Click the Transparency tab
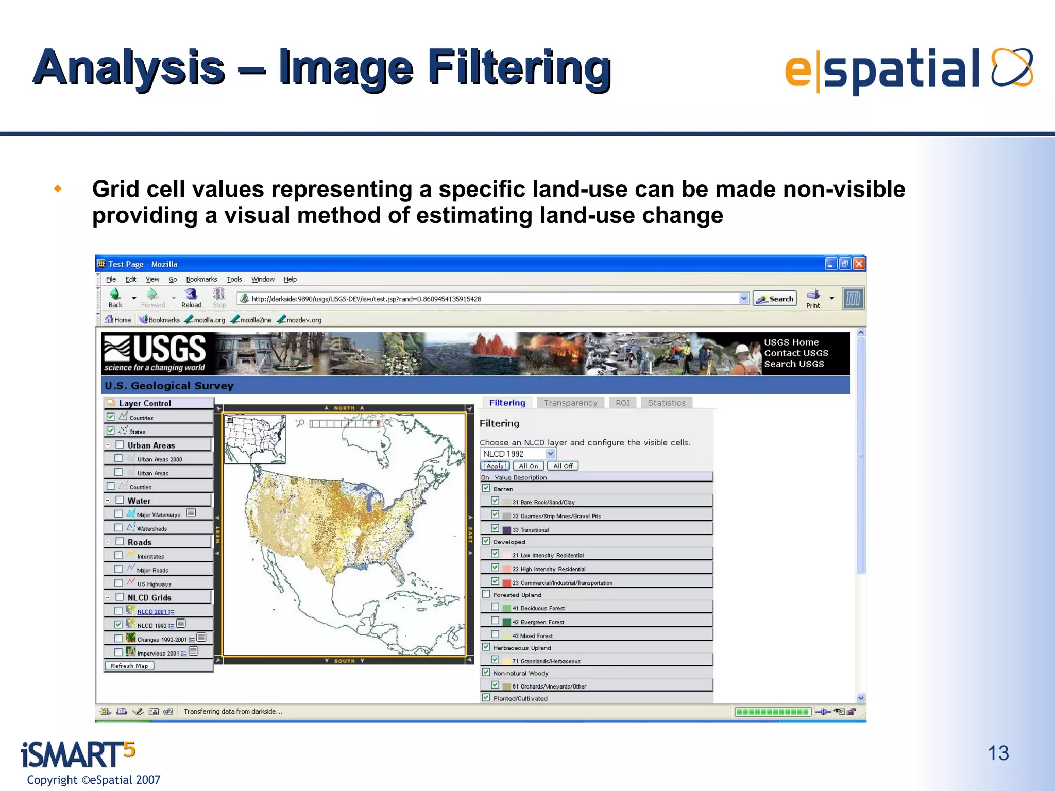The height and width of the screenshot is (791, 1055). (570, 403)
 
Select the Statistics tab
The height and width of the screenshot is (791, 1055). (667, 403)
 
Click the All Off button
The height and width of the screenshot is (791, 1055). (563, 466)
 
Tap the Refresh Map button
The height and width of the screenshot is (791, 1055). (129, 666)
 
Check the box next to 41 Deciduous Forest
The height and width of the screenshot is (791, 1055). (495, 607)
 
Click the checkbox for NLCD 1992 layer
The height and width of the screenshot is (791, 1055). (118, 625)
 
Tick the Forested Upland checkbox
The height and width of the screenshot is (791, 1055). (486, 594)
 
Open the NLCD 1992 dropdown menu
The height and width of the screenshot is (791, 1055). (550, 454)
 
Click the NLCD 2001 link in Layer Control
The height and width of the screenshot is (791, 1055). (152, 612)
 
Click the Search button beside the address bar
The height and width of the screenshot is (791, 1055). (775, 299)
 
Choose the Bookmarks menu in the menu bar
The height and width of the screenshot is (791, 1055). (201, 279)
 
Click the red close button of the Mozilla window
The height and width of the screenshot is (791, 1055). (859, 264)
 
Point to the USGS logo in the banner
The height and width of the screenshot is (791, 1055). (155, 353)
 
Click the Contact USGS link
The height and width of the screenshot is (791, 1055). (796, 353)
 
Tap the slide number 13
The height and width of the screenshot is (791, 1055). (998, 753)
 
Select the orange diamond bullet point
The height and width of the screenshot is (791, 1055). (58, 189)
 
